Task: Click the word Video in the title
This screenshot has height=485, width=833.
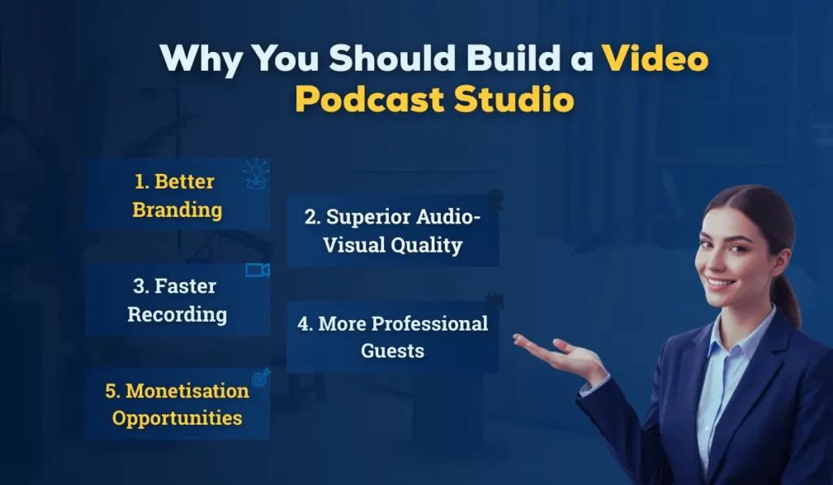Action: click(656, 59)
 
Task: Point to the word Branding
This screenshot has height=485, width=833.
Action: click(177, 210)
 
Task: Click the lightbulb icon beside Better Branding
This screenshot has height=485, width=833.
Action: click(256, 173)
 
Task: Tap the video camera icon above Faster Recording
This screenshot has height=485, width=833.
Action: click(257, 271)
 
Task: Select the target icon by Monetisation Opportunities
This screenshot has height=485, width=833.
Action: click(260, 377)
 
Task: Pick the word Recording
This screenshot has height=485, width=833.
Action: click(177, 314)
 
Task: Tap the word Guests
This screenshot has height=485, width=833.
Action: click(393, 351)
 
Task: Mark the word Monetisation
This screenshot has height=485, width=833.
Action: click(188, 391)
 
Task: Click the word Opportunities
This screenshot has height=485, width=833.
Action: click(177, 418)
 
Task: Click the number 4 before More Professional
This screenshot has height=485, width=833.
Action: click(303, 324)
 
